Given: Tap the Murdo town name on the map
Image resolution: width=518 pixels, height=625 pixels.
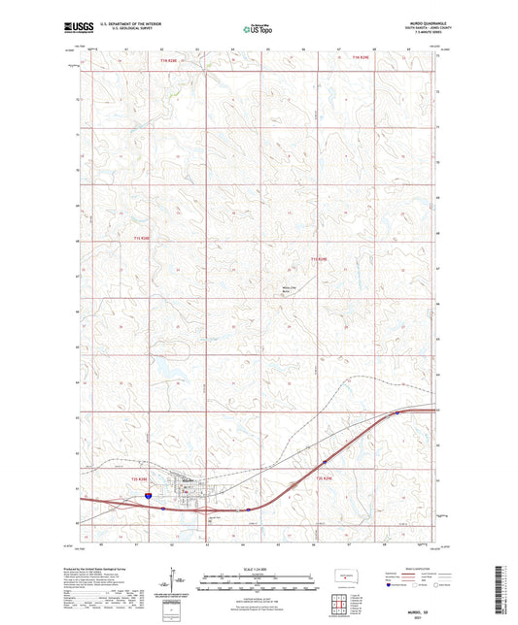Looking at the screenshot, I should (183, 480).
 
